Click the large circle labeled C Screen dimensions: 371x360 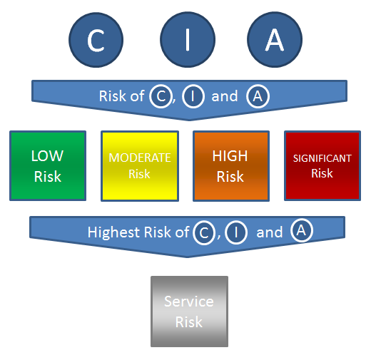[x=96, y=40]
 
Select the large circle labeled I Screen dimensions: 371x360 [x=188, y=39]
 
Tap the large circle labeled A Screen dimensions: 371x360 [x=275, y=39]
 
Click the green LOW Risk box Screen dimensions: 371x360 [x=48, y=166]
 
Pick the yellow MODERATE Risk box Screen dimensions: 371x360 [x=140, y=166]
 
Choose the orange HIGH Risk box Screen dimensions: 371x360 [x=231, y=166]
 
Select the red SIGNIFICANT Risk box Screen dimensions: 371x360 [x=322, y=166]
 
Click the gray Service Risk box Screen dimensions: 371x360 [x=189, y=312]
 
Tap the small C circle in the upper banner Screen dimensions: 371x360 [x=161, y=96]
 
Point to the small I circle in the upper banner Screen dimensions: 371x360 [x=193, y=96]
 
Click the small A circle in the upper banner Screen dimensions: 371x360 [x=258, y=96]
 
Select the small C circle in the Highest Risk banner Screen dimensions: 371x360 [x=204, y=233]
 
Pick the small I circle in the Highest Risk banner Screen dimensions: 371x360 [x=236, y=232]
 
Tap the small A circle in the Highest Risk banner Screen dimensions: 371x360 [x=301, y=230]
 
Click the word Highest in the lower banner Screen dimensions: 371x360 [x=114, y=232]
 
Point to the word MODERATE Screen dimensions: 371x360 [x=140, y=158]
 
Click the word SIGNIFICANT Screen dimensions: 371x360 [x=322, y=158]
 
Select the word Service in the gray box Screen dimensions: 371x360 [x=189, y=302]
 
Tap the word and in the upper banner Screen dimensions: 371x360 [x=225, y=96]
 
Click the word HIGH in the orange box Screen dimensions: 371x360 [x=230, y=156]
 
